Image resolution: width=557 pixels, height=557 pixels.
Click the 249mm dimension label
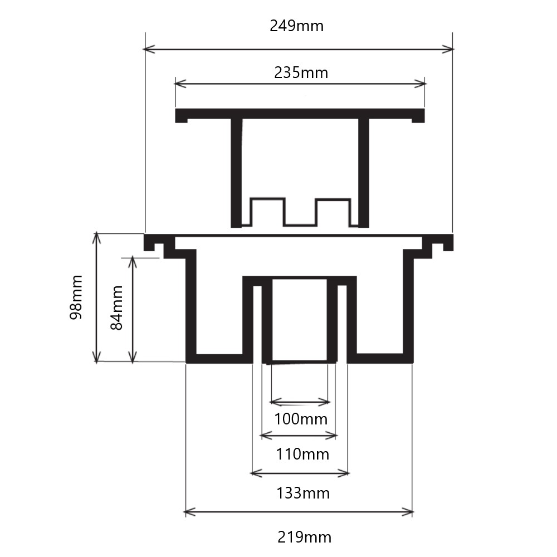pyautogui.click(x=296, y=26)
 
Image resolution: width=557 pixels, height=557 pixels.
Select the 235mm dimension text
pyautogui.click(x=301, y=72)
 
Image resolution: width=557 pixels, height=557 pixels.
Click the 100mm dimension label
pyautogui.click(x=300, y=418)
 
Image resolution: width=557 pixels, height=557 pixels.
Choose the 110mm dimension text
pyautogui.click(x=302, y=454)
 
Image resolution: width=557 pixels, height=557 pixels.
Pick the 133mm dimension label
pyautogui.click(x=303, y=493)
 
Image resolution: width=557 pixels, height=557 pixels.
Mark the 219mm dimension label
pyautogui.click(x=304, y=538)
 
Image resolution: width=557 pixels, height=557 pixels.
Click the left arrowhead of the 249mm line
pyautogui.click(x=148, y=50)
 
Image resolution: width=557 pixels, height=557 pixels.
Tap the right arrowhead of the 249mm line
pyautogui.click(x=449, y=50)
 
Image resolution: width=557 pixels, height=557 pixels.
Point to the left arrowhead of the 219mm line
pyautogui.click(x=188, y=512)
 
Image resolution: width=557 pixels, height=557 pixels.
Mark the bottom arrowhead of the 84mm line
pyautogui.click(x=133, y=358)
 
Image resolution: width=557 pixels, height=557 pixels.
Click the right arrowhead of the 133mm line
pyautogui.click(x=345, y=473)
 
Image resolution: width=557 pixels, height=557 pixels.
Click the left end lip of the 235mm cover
pyautogui.click(x=181, y=116)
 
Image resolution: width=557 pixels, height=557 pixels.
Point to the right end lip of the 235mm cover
pyautogui.click(x=418, y=116)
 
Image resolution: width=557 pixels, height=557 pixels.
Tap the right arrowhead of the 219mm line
pyautogui.click(x=409, y=512)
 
